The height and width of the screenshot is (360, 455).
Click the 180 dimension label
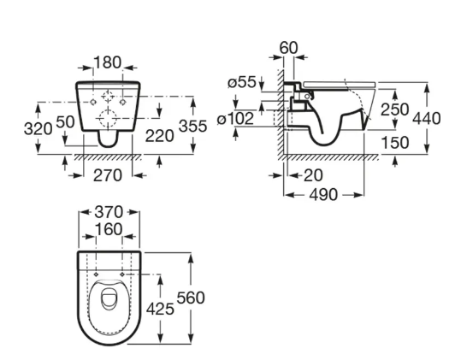108,62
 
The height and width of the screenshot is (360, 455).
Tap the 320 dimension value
38,128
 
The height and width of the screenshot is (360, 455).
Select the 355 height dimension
193,126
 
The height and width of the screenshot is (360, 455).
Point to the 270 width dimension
108,175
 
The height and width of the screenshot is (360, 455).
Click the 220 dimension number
159,136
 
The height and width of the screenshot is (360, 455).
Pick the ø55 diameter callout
242,82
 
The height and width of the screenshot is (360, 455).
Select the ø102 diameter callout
236,119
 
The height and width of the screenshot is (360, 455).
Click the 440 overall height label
427,119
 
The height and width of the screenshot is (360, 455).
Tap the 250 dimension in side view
394,109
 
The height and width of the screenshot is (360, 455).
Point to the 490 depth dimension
323,195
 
